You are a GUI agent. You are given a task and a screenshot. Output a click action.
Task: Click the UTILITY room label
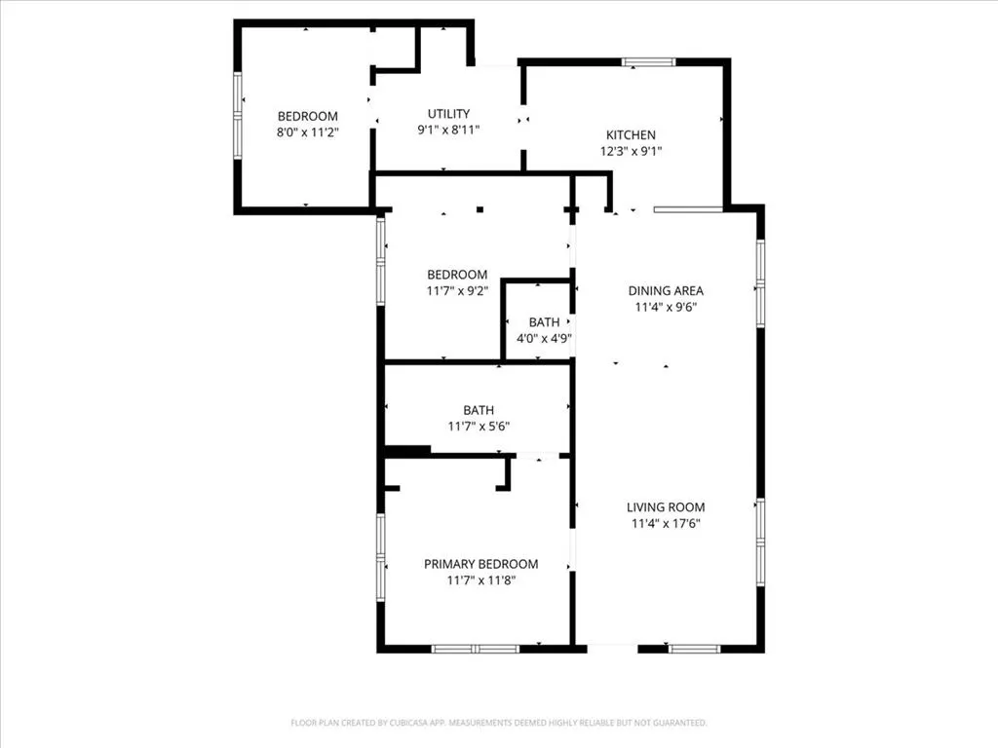click(448, 114)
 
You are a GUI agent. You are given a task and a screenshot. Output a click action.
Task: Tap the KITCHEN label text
click(631, 134)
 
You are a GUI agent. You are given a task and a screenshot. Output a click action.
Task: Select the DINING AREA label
click(666, 290)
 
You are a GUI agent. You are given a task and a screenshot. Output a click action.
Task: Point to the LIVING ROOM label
click(666, 506)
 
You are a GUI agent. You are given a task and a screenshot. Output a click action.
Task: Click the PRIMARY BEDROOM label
click(481, 564)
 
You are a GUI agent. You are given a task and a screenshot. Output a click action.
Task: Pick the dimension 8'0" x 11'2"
click(307, 132)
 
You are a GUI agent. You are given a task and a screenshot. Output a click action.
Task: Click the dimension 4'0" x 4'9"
click(544, 338)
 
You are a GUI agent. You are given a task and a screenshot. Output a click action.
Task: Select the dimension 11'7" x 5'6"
click(479, 427)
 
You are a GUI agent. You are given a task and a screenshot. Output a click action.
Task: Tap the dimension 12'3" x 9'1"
click(631, 151)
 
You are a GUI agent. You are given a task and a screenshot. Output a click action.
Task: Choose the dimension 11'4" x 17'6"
click(666, 523)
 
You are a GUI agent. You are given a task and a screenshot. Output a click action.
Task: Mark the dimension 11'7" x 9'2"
click(458, 291)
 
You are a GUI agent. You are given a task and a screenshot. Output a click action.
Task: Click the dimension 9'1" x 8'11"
click(448, 130)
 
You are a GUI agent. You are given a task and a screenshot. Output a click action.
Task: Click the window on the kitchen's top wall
click(648, 62)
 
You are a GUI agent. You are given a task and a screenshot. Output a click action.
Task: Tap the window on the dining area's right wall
click(760, 283)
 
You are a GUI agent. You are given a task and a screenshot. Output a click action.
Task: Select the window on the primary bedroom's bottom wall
click(476, 649)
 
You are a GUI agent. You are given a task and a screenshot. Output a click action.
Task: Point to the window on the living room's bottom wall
click(694, 649)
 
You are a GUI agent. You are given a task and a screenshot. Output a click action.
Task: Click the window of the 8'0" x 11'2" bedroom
click(238, 115)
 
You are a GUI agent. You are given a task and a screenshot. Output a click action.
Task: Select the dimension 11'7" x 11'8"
click(481, 580)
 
